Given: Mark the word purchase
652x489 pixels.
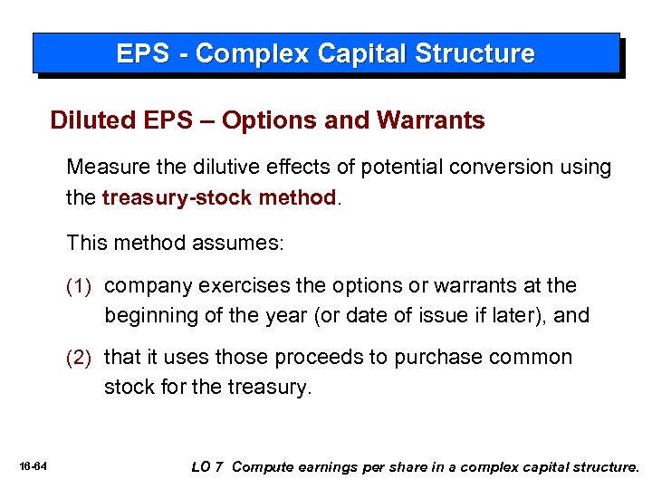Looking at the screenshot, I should tap(430, 358).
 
